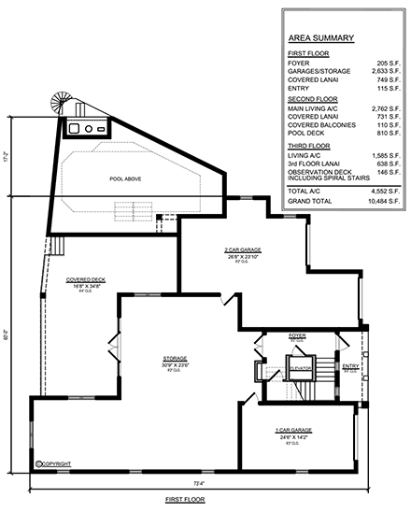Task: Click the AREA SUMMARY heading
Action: point(321,38)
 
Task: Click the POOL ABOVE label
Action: point(125,178)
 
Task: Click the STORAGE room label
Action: point(177,358)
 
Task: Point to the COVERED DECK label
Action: point(85,279)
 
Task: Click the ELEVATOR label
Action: point(299,367)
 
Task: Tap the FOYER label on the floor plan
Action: point(297,334)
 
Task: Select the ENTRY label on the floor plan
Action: point(349,365)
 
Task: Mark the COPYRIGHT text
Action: point(55,462)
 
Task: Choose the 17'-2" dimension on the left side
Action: point(7,157)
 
